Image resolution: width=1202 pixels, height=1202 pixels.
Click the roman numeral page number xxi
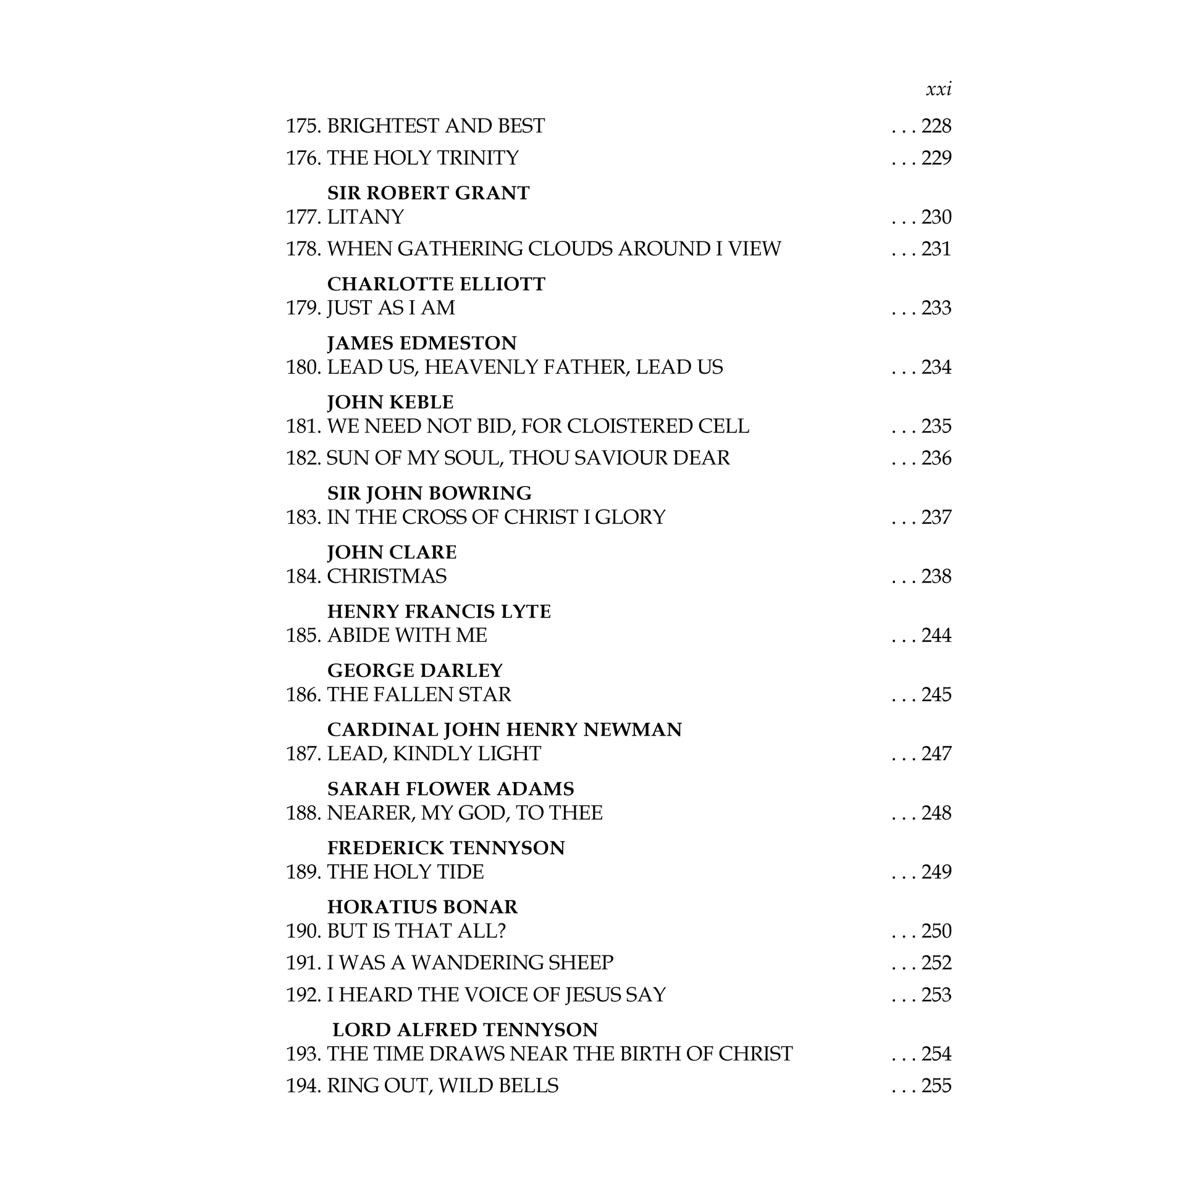[938, 90]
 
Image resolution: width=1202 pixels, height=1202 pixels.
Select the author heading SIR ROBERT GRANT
[428, 193]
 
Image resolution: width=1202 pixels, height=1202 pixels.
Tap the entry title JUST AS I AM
[391, 308]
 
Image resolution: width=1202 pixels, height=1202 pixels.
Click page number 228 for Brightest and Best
[936, 126]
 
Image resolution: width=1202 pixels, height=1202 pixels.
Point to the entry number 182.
[303, 458]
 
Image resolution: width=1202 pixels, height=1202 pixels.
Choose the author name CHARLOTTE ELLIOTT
[435, 284]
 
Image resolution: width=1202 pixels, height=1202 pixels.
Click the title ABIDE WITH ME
[407, 635]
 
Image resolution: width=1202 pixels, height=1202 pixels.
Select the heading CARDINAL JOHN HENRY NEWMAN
[504, 730]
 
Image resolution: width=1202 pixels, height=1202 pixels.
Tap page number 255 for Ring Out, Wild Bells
[936, 1086]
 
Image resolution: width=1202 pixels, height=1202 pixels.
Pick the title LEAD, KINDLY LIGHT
[434, 754]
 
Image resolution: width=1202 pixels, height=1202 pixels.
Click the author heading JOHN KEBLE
[390, 403]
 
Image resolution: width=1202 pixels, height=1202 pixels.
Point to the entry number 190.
[303, 931]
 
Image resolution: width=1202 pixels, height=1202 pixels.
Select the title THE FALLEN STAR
[419, 694]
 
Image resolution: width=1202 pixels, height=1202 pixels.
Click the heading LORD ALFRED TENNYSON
[464, 1030]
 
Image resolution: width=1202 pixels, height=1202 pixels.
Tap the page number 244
[936, 635]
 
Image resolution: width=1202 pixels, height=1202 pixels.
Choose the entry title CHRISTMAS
[387, 577]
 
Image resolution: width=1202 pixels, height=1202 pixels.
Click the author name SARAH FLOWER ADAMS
[450, 789]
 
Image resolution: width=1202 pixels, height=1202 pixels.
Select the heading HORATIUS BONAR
[422, 907]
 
